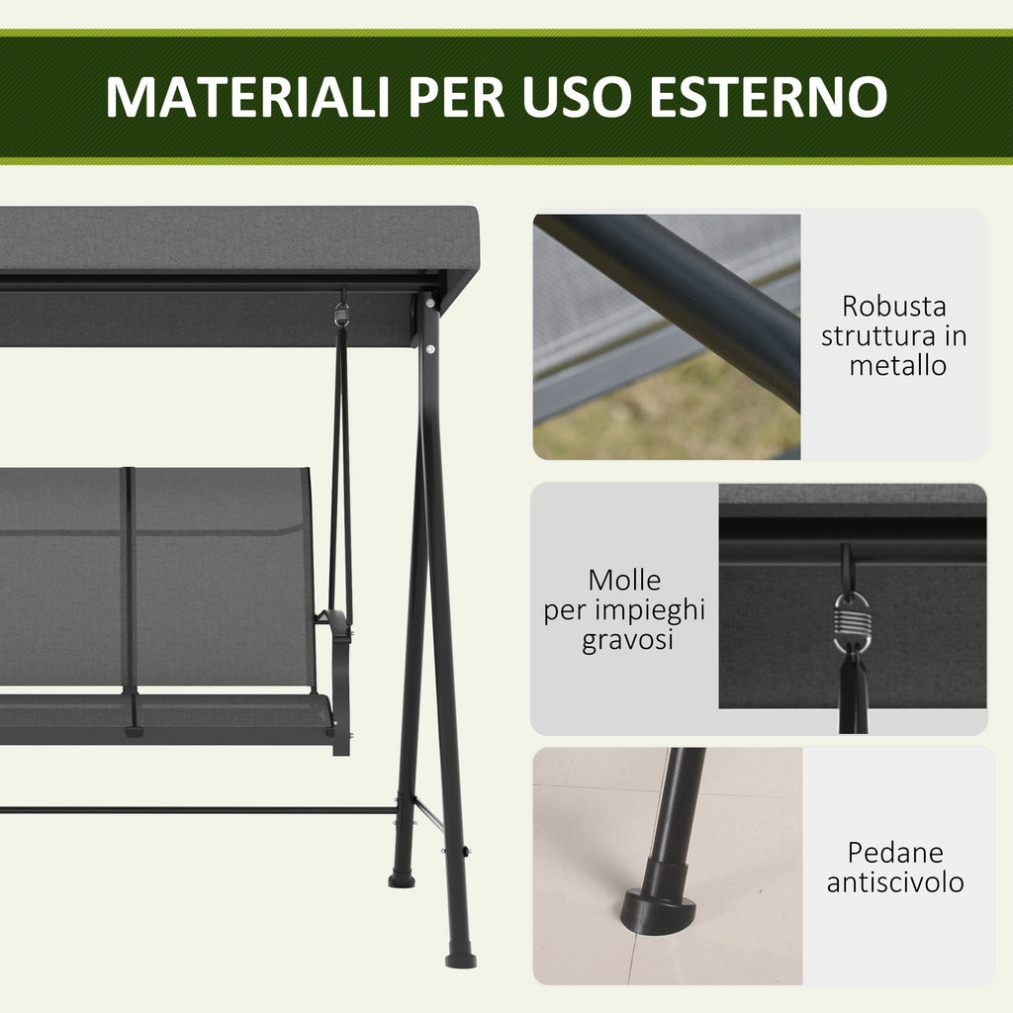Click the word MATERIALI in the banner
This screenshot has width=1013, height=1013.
(247, 97)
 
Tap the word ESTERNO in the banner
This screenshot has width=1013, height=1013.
(769, 97)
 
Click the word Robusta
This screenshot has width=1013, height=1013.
(894, 307)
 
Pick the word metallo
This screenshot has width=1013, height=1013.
(897, 366)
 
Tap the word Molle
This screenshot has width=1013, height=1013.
(624, 580)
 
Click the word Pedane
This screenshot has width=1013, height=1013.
(895, 853)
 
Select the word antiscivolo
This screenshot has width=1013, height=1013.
(895, 882)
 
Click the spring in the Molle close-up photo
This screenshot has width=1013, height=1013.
(852, 623)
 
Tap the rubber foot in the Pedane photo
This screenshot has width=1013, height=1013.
(659, 898)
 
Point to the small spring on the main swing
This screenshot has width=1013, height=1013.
(341, 316)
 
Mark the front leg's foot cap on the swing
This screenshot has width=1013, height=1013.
(461, 958)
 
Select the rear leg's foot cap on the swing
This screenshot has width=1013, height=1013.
(402, 878)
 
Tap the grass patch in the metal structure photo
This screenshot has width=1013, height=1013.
(666, 414)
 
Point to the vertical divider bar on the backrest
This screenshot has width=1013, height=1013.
(130, 582)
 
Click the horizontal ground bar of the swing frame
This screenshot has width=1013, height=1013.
(197, 809)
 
